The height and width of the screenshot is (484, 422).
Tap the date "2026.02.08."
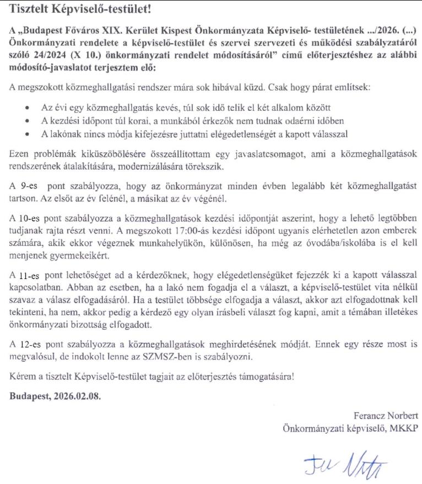77,396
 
